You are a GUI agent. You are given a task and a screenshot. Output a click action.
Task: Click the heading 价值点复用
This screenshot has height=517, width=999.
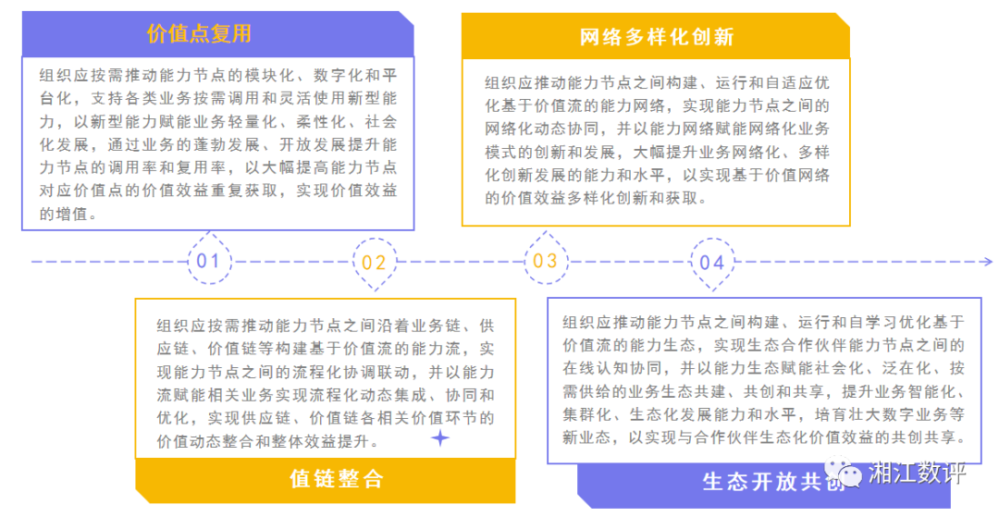pos(199,34)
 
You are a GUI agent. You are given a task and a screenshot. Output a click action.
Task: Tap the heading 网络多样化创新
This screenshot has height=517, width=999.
pos(656,37)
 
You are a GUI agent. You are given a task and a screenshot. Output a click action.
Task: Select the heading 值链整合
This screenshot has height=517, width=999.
pos(336,478)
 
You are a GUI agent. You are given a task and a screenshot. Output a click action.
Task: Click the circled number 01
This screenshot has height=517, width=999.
pos(207,262)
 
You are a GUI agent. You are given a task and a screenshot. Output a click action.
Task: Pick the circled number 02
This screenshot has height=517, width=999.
pos(374,263)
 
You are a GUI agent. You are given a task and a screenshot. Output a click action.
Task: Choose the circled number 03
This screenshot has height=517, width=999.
pos(545,262)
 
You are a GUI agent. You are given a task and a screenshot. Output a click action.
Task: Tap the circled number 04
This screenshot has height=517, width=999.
pos(711,263)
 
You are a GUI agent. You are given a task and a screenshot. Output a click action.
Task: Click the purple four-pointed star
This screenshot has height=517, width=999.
pos(441,438)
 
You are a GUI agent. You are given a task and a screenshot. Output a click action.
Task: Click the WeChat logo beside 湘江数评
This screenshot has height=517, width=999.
pos(846,474)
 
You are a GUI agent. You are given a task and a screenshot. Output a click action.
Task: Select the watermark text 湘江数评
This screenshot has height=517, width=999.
pos(916,474)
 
